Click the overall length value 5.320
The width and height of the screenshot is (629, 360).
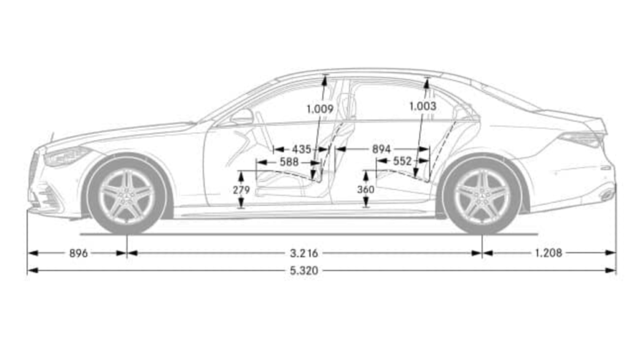click(304, 270)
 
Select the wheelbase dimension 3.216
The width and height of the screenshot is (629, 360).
click(304, 253)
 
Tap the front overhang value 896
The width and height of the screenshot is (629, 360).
click(79, 253)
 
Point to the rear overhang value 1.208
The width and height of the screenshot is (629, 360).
click(549, 253)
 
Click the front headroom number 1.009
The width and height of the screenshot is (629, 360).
click(320, 109)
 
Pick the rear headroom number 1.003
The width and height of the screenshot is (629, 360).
click(423, 106)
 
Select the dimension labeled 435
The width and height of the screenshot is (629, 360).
click(301, 149)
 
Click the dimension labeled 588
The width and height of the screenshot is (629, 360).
click(289, 162)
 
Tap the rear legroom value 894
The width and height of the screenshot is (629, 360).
click(381, 149)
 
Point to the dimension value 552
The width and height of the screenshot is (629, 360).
click(402, 162)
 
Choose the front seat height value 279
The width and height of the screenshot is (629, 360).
click(241, 190)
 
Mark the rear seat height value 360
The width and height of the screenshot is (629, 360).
click(365, 189)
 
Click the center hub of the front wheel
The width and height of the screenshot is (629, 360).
click(127, 195)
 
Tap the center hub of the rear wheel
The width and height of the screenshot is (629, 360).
click(482, 195)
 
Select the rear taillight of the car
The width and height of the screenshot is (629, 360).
click(581, 139)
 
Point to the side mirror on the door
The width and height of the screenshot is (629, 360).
click(242, 117)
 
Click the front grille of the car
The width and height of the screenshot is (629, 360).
click(34, 170)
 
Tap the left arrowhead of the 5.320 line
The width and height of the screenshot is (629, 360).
click(33, 270)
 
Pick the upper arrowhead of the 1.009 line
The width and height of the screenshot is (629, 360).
click(324, 79)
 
